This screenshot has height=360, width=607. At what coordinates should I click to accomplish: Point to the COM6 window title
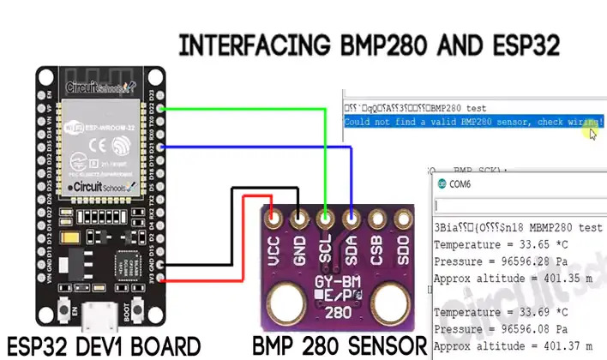[x=460, y=183]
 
